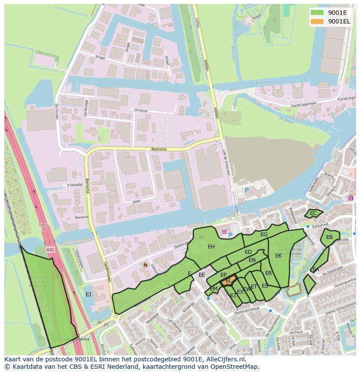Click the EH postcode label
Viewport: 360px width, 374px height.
[211, 247]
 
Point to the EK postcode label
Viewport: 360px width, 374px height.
[279, 256]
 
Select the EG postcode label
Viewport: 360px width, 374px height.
[264, 235]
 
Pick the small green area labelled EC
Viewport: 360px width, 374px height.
[313, 213]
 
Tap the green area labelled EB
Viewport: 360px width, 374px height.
[330, 237]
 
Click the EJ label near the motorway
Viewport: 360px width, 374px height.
[88, 295]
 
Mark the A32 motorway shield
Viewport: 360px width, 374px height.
[50, 250]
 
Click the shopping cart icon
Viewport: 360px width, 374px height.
[224, 232]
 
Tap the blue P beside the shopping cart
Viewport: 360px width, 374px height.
[230, 235]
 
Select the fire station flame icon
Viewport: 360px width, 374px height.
[145, 264]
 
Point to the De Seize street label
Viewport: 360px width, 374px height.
[141, 110]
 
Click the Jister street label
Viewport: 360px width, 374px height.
[136, 202]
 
